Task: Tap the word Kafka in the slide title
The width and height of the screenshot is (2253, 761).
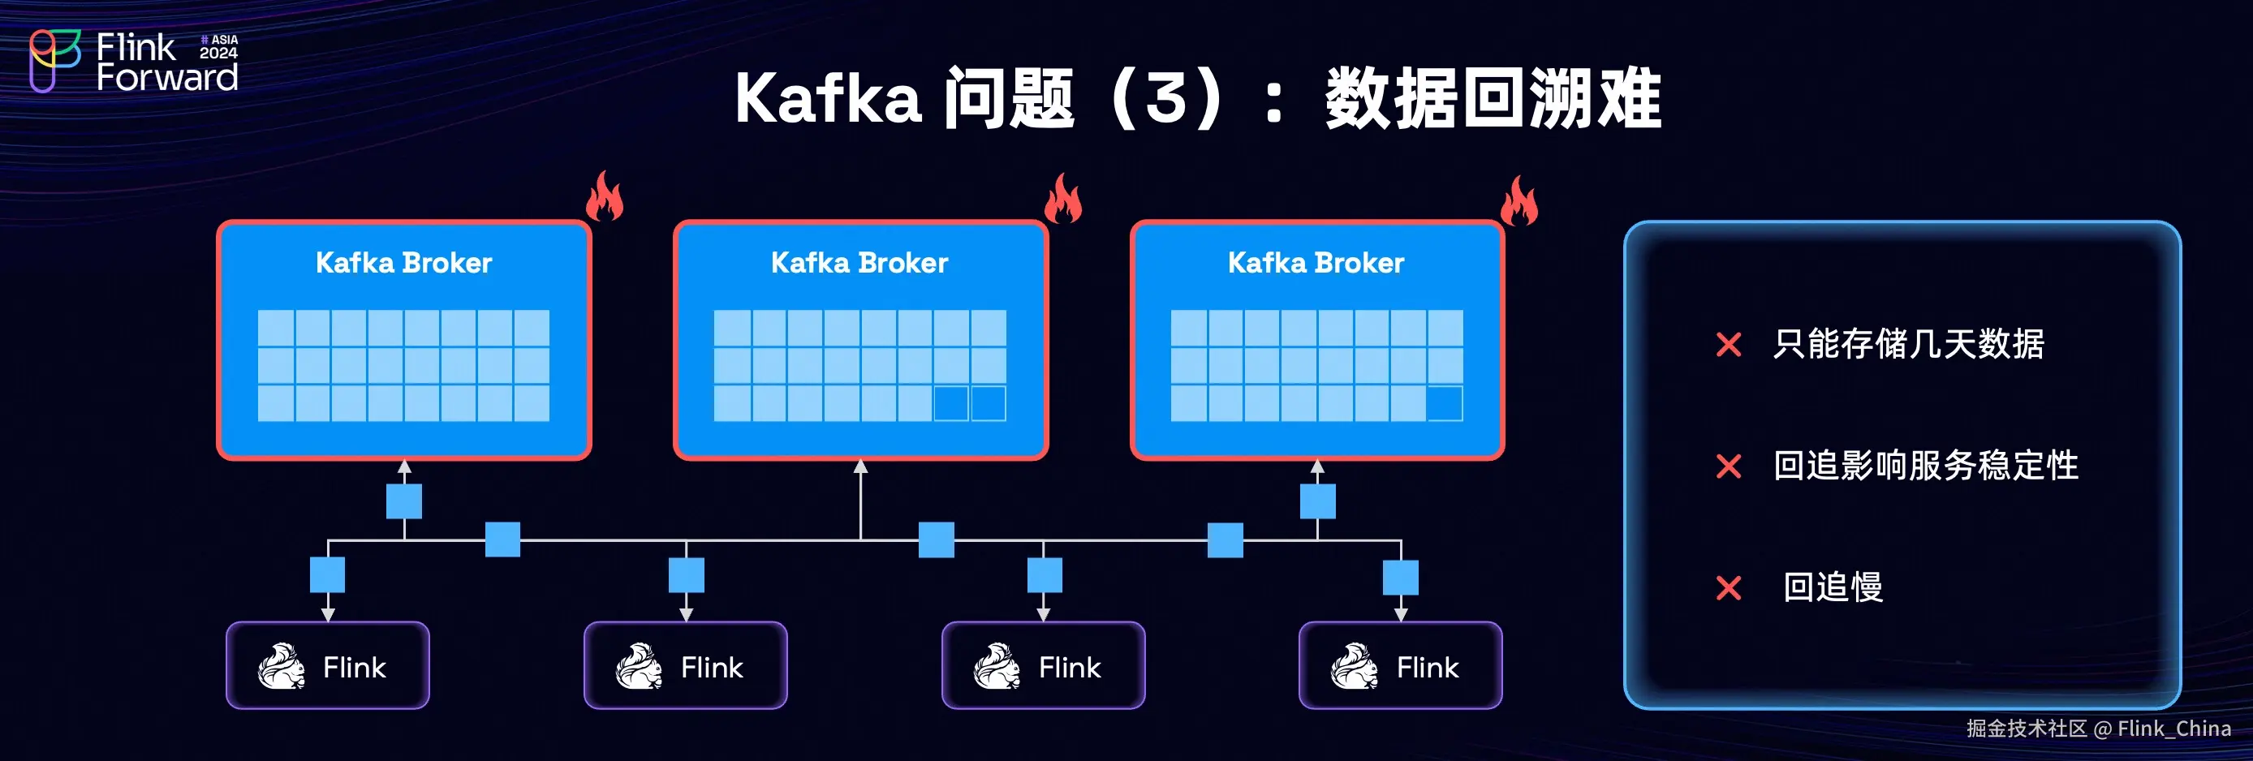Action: pos(827,99)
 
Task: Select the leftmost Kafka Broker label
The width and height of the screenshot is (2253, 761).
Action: pos(403,262)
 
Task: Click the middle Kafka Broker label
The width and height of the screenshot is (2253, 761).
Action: pos(859,262)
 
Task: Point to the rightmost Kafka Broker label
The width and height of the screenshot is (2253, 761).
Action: pos(1316,262)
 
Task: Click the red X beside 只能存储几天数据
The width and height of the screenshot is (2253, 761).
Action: pos(1728,345)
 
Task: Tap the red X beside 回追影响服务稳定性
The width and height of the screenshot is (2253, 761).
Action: pos(1728,466)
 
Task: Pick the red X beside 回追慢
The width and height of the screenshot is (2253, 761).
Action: pos(1728,588)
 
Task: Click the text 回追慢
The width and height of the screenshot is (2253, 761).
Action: pos(1833,587)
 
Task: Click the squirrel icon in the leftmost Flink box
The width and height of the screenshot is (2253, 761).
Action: pos(281,667)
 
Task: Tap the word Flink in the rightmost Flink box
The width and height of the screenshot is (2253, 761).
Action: pos(1428,668)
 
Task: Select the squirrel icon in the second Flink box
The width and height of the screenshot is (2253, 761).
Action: pos(639,667)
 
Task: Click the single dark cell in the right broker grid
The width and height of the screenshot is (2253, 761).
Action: pos(1444,404)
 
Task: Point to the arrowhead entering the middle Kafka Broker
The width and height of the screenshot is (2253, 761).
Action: pos(860,467)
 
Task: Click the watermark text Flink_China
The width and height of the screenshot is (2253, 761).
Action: pos(2173,729)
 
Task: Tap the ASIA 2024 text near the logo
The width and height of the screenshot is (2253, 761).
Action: pos(218,46)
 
